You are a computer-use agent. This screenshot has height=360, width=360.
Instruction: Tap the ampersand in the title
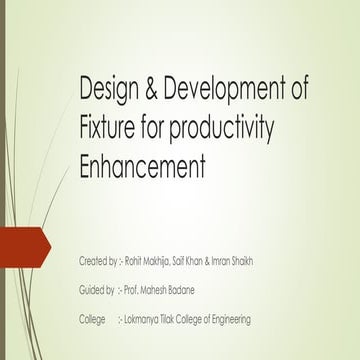tap(155, 94)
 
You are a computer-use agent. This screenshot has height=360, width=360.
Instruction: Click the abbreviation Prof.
tap(134, 290)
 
